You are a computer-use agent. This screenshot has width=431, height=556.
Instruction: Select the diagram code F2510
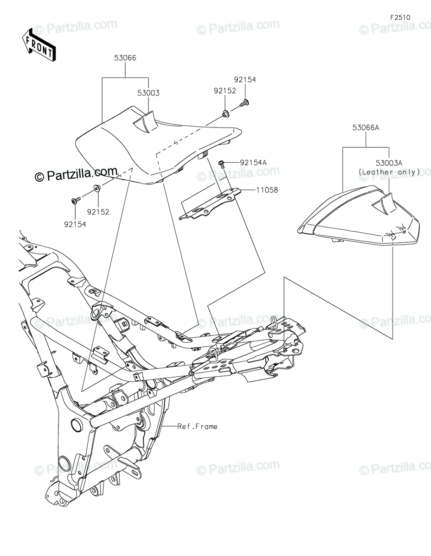(400, 18)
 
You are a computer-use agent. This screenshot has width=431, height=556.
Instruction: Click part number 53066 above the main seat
(125, 58)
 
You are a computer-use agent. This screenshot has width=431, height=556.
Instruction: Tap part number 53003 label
(148, 93)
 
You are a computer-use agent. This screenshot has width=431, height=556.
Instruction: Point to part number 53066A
(366, 127)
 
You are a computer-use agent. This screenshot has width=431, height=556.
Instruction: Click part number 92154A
(253, 163)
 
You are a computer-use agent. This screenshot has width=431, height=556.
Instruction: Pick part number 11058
(266, 190)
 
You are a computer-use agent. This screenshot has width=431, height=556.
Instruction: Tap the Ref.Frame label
(197, 426)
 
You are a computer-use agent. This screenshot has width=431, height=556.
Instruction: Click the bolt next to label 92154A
(222, 163)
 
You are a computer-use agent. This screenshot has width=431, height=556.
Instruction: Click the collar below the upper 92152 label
(225, 113)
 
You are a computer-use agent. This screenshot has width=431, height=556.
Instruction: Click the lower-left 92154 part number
(75, 224)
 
